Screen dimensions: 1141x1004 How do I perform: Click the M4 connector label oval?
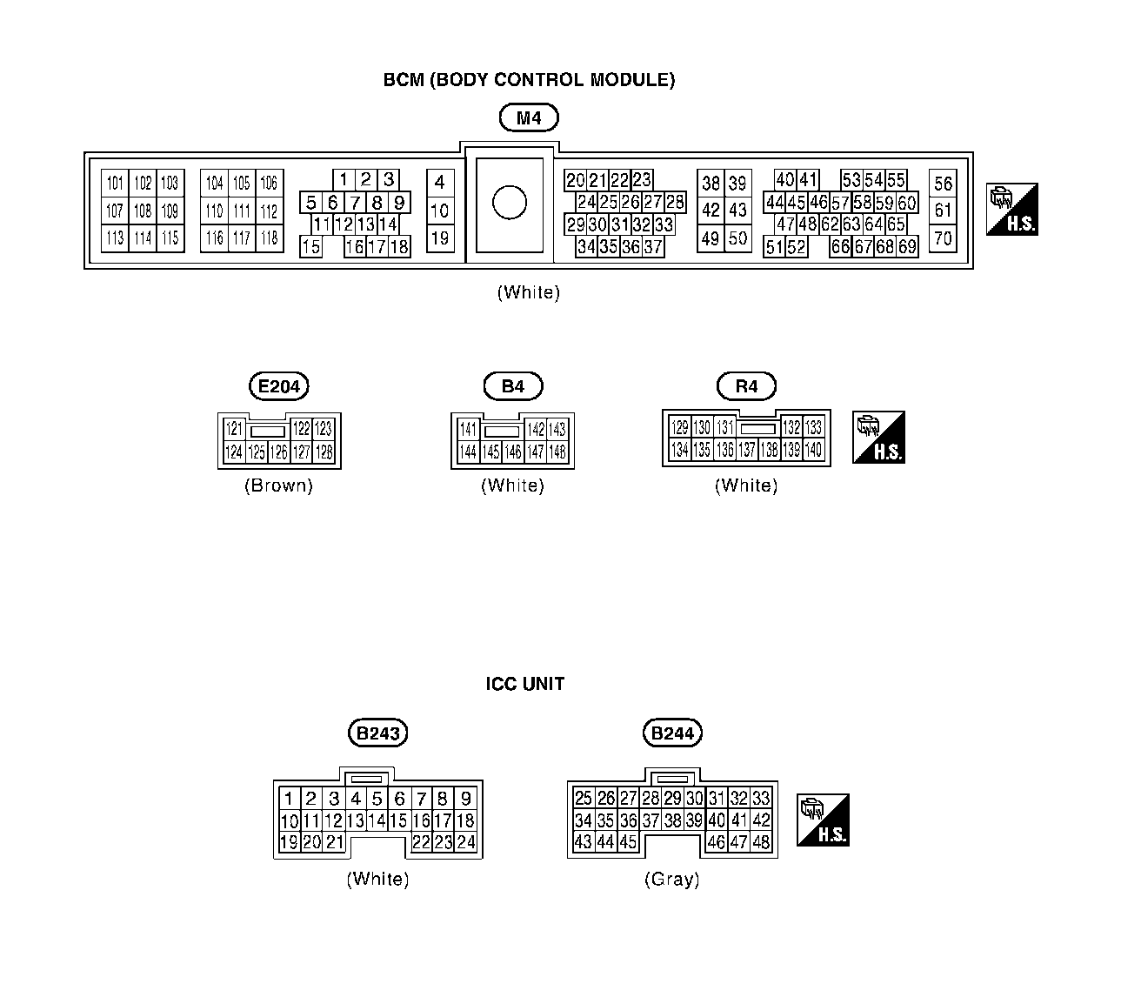click(x=529, y=117)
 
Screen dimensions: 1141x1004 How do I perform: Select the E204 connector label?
click(x=278, y=385)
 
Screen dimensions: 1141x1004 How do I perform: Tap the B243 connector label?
click(x=378, y=733)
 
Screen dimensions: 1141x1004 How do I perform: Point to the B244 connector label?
click(x=672, y=733)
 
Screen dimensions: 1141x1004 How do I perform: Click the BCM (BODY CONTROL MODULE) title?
click(x=529, y=80)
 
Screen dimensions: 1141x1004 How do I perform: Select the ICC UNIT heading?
click(x=524, y=684)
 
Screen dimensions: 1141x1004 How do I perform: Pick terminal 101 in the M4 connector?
click(x=115, y=183)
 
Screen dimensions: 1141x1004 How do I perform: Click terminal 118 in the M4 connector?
click(x=269, y=238)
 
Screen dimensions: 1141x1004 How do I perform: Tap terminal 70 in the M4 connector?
click(x=943, y=238)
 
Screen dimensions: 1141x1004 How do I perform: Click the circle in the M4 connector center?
click(x=509, y=203)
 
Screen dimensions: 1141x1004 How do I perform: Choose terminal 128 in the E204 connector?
click(x=324, y=452)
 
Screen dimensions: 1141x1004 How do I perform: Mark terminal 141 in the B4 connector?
click(x=468, y=429)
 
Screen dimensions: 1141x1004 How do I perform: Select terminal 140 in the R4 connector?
click(x=813, y=450)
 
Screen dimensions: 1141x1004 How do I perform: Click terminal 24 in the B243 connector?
click(x=466, y=842)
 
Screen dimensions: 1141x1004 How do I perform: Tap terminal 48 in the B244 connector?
click(x=761, y=842)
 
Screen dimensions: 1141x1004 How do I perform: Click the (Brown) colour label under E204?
click(x=278, y=485)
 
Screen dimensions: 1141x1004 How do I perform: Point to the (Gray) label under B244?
click(x=672, y=879)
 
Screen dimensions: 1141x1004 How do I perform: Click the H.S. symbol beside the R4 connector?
click(x=878, y=437)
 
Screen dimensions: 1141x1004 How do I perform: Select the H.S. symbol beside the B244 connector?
click(x=823, y=820)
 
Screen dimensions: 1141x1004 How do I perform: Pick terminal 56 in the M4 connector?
click(x=943, y=183)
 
